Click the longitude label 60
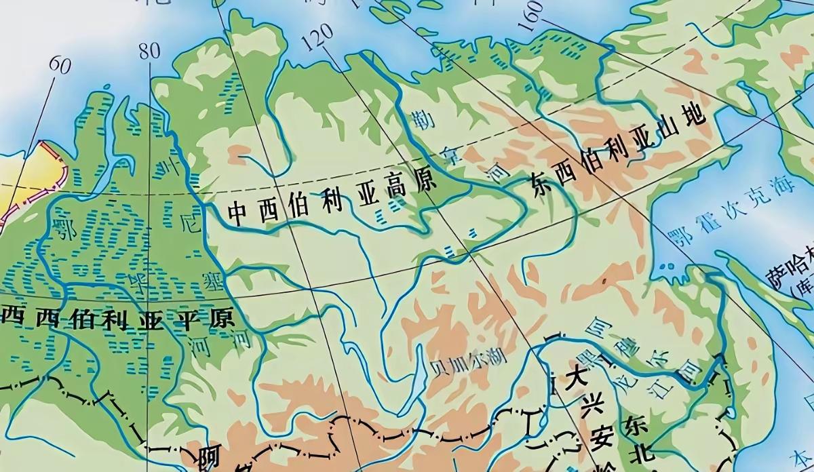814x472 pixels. (60, 66)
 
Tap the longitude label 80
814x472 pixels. (149, 51)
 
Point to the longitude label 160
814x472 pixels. (533, 15)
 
